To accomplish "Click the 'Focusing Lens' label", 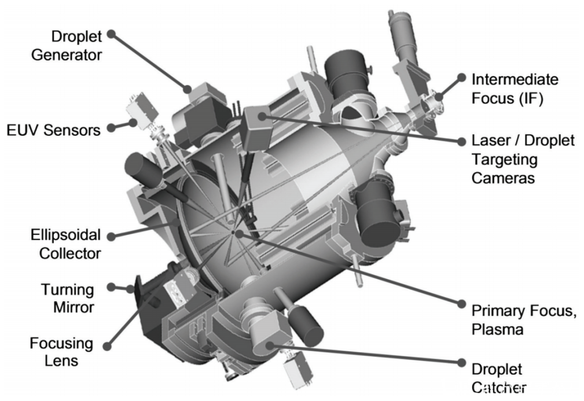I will click(x=61, y=351).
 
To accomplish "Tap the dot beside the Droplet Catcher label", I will click(x=461, y=363).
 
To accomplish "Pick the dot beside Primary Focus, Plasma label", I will click(x=461, y=303).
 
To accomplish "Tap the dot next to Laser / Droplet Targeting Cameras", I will click(x=461, y=141).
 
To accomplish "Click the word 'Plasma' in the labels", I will click(x=498, y=329).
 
